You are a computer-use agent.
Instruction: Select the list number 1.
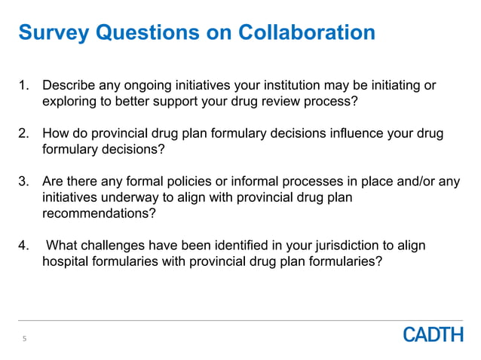coord(23,85)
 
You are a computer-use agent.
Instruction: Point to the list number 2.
coord(23,134)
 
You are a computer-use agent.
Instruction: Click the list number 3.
coord(23,182)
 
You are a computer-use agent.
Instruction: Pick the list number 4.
coord(23,246)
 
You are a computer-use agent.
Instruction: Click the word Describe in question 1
coord(69,85)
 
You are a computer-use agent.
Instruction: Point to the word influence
coord(339,134)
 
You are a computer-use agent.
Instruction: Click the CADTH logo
coord(433,334)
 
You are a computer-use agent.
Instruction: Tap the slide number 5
coord(24,339)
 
